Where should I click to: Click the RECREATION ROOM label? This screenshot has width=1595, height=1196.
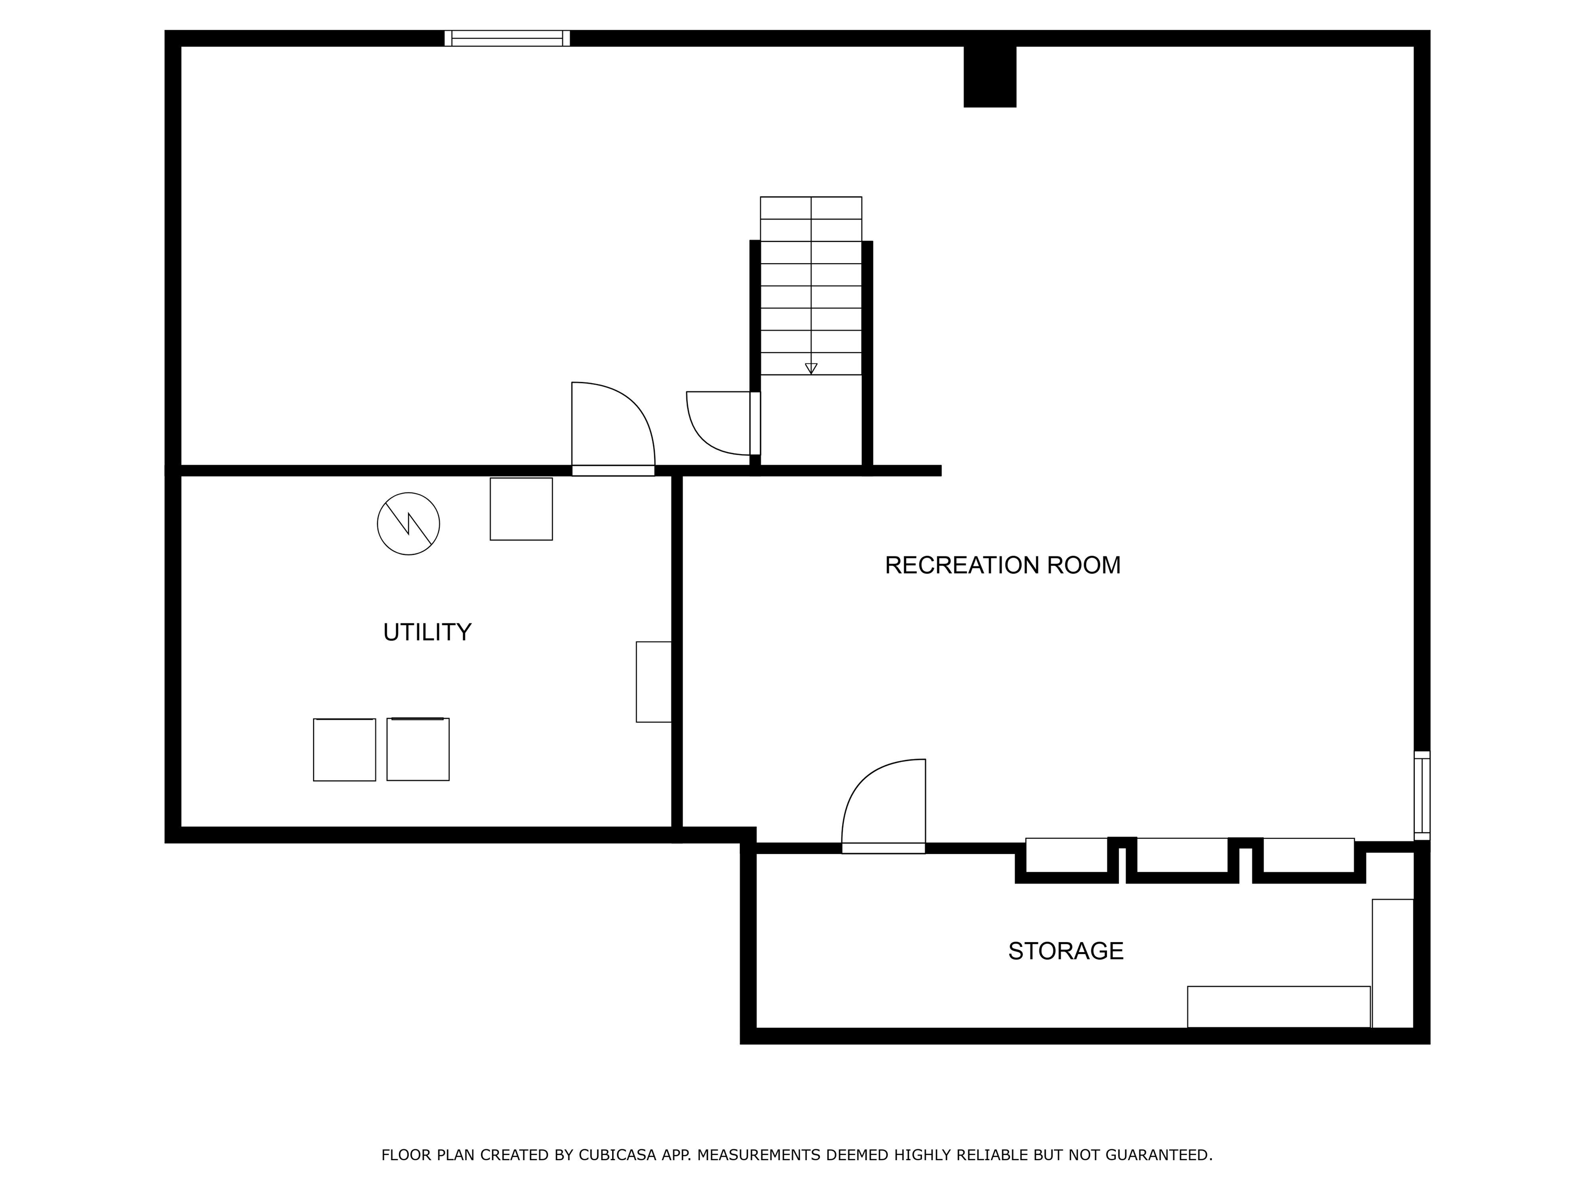click(x=1002, y=565)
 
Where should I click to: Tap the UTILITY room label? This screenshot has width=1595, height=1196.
click(x=427, y=632)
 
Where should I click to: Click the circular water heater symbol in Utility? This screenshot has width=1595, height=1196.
click(x=408, y=523)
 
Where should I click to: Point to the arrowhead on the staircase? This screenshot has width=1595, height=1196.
click(x=810, y=369)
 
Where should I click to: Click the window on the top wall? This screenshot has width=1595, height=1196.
click(x=507, y=38)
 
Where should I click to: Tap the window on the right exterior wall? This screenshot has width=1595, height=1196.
click(x=1421, y=795)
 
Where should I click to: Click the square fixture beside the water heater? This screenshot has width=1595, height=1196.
click(x=521, y=509)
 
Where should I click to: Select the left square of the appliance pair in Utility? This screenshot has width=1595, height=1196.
click(x=344, y=750)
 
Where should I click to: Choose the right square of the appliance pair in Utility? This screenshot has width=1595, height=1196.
click(x=417, y=749)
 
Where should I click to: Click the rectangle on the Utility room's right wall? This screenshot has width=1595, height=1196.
click(x=653, y=681)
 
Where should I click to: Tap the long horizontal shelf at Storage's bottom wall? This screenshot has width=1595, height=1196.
click(x=1278, y=1007)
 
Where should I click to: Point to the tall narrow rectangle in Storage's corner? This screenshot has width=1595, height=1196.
click(x=1391, y=963)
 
